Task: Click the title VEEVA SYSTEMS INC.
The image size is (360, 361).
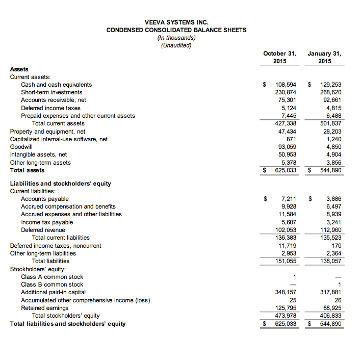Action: tap(176, 22)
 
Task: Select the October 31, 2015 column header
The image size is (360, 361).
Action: tap(279, 57)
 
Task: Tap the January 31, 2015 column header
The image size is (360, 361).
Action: tap(324, 57)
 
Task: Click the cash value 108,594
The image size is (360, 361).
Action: tap(286, 85)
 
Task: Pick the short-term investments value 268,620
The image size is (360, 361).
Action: tap(330, 92)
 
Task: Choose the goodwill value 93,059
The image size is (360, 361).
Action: tap(286, 147)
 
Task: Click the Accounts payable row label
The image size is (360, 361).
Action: tap(45, 199)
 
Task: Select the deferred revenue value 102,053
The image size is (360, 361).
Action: tap(286, 230)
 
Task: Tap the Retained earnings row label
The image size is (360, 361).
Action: tap(45, 308)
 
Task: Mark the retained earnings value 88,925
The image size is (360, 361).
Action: tap(332, 308)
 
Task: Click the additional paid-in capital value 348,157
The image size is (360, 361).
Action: tap(286, 293)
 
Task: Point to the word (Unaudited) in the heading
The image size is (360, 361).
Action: tap(176, 45)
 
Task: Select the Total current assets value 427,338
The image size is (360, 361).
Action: tap(286, 123)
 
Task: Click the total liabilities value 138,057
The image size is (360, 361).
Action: tap(330, 261)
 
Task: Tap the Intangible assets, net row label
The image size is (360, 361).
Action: tap(39, 154)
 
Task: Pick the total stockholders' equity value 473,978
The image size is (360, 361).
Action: tap(286, 316)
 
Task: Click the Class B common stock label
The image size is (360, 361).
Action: tap(52, 285)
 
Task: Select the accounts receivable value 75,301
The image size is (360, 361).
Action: tap(287, 100)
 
